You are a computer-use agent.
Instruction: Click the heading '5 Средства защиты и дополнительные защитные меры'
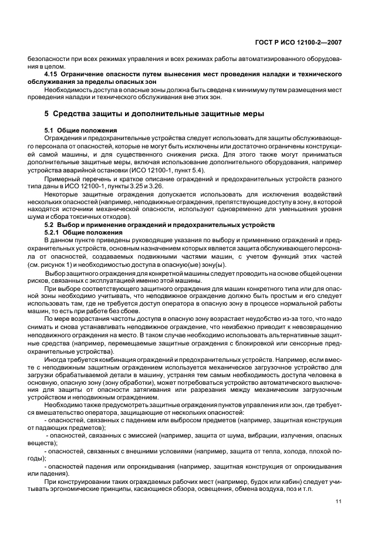pyautogui.click(x=146, y=113)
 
